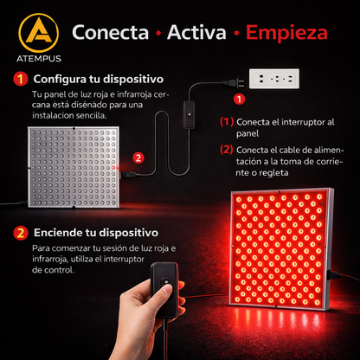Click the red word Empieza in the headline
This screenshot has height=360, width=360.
pos(286,34)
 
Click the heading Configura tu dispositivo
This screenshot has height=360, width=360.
pos(94,78)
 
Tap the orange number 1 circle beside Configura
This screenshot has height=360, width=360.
pos(20,78)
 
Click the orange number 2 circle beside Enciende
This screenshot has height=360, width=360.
pos(20,233)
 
